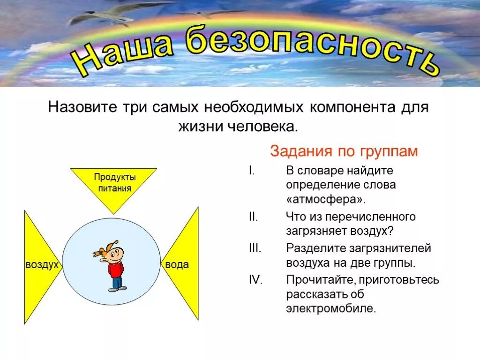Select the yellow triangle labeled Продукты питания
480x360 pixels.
click(x=113, y=185)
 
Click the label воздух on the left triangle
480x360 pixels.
click(x=42, y=265)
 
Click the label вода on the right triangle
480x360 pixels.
click(x=177, y=265)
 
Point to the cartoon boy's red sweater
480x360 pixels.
click(x=115, y=269)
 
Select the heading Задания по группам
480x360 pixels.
click(x=343, y=151)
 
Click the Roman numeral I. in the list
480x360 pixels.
click(x=251, y=171)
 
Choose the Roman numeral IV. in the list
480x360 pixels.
click(x=255, y=280)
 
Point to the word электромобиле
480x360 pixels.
click(x=331, y=308)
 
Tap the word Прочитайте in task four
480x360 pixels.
click(x=319, y=280)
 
